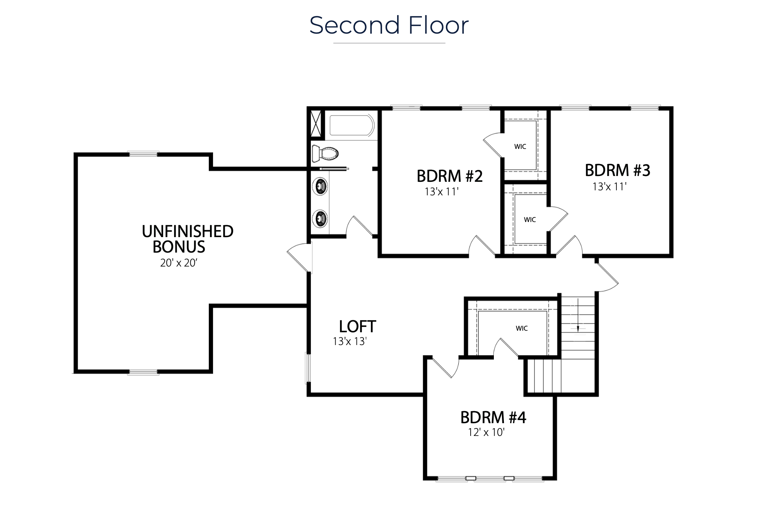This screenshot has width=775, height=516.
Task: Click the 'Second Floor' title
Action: point(389,25)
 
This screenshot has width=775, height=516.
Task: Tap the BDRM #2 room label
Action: point(450,176)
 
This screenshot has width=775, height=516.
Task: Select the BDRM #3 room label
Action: point(618,170)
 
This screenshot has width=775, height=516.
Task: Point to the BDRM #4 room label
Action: point(493,417)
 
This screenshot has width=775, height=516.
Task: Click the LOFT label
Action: point(357,326)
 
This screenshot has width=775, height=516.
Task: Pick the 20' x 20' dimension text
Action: point(179,263)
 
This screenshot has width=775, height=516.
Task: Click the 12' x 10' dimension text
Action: point(486,432)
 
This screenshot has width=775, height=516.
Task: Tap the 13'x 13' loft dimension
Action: point(350,341)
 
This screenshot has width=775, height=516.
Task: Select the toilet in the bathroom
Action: point(325,153)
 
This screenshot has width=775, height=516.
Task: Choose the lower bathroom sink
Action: point(320,219)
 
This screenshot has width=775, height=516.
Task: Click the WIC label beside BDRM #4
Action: point(522,328)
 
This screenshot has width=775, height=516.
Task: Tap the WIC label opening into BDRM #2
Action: point(520,147)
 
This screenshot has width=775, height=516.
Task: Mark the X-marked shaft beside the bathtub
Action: point(316,124)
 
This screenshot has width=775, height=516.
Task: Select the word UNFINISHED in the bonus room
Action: point(188,231)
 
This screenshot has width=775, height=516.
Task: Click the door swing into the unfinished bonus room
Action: point(299,256)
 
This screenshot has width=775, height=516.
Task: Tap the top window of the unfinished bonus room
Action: point(143,154)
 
